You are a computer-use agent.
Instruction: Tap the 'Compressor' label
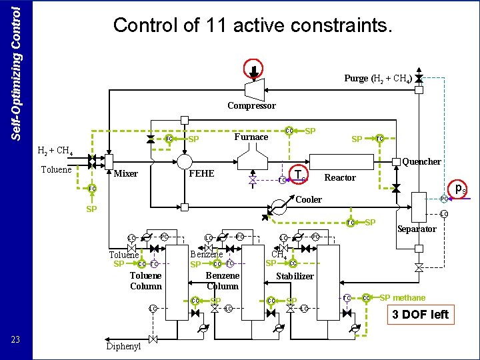click(x=251, y=105)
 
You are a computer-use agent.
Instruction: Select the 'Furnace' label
click(x=251, y=137)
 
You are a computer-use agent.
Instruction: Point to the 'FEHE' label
click(x=202, y=173)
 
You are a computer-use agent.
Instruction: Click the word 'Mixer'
click(x=126, y=174)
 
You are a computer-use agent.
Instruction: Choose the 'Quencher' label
click(x=422, y=161)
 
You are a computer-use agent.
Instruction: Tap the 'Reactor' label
click(x=340, y=178)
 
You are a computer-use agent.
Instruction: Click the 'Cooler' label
click(x=309, y=199)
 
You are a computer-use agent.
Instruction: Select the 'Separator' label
click(x=417, y=229)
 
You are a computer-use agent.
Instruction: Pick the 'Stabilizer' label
click(x=295, y=276)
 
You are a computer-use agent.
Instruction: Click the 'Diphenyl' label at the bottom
click(x=123, y=346)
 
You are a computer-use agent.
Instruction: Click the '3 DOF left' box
click(x=421, y=315)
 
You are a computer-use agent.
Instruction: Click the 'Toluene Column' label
click(x=146, y=281)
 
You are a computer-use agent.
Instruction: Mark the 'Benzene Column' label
click(x=223, y=281)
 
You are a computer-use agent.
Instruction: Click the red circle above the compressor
click(x=254, y=67)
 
